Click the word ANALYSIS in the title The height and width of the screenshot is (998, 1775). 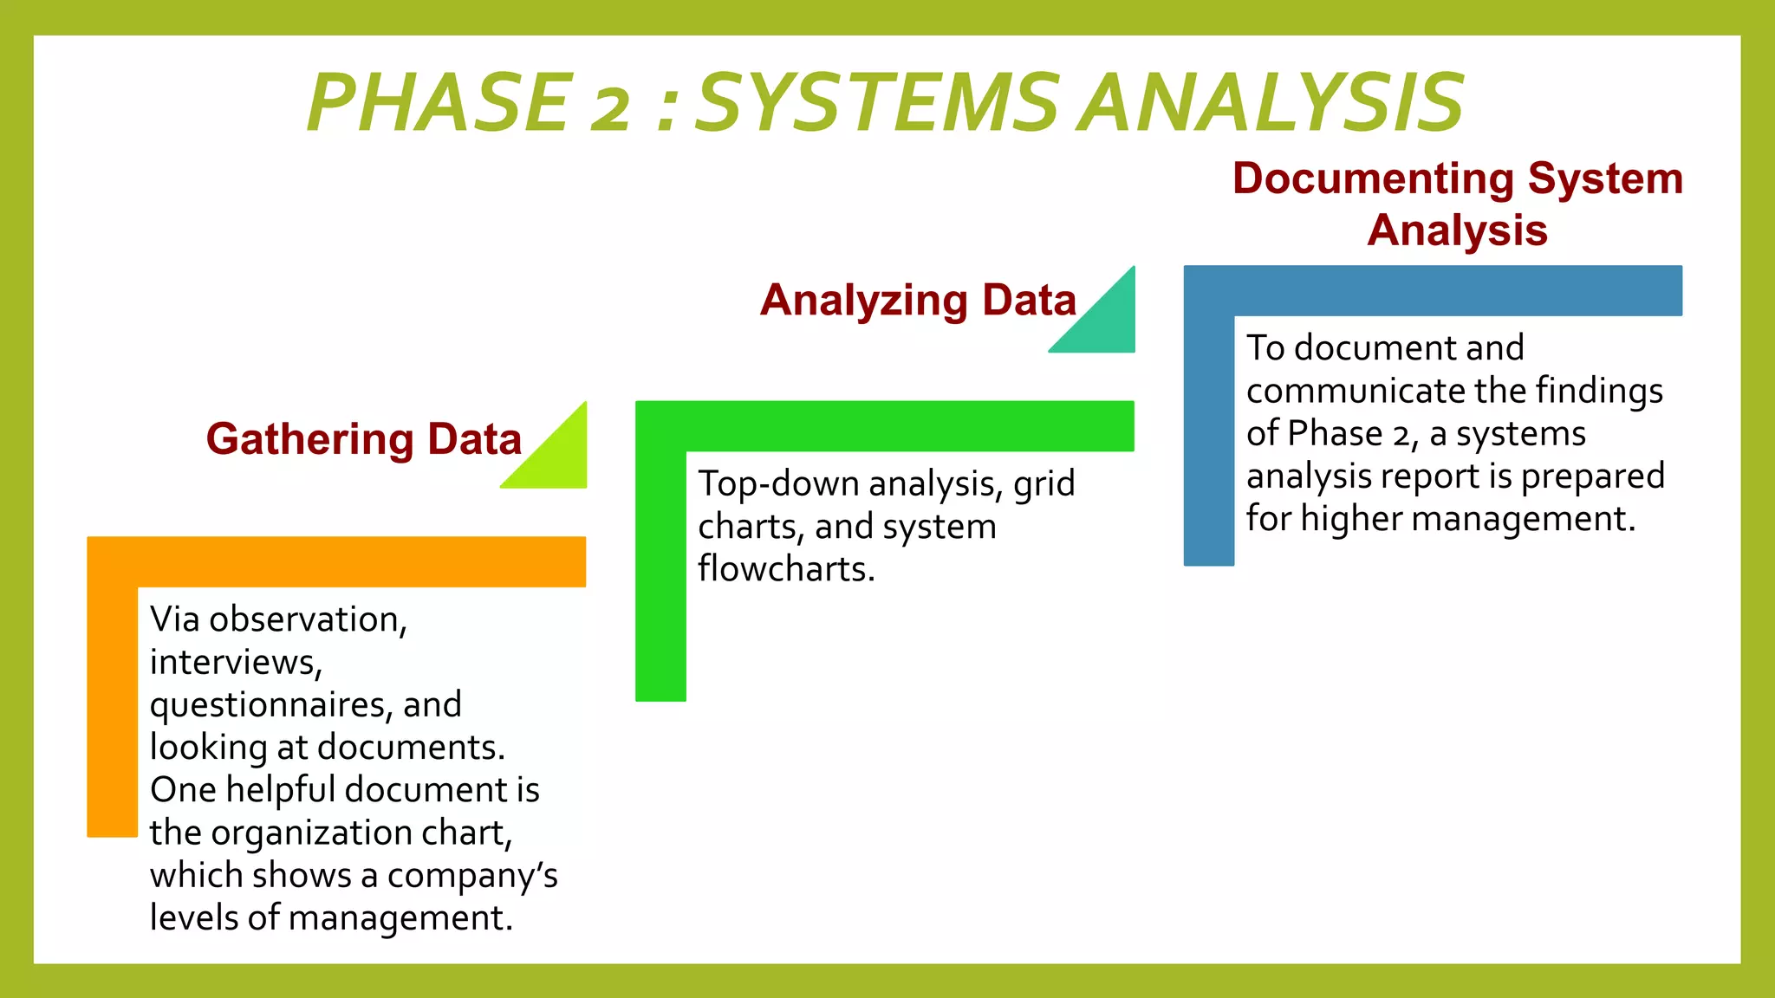1273,104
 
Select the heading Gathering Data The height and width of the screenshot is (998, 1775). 364,439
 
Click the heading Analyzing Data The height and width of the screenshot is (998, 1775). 918,301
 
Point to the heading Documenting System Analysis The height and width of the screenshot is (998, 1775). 1457,204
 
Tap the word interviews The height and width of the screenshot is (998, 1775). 235,663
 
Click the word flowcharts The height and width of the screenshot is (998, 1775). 785,569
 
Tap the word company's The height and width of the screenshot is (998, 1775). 471,876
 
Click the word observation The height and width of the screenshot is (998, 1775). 307,620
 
